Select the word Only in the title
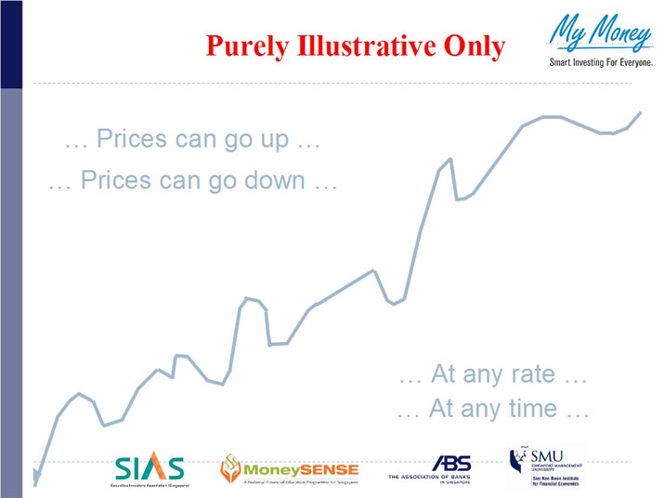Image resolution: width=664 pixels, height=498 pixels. (x=473, y=45)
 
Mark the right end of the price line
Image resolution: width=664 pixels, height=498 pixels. (x=641, y=112)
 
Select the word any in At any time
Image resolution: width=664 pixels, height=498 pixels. (x=483, y=409)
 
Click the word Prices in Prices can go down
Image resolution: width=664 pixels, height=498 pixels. (x=116, y=180)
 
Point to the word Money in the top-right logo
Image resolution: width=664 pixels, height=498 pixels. (x=620, y=33)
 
